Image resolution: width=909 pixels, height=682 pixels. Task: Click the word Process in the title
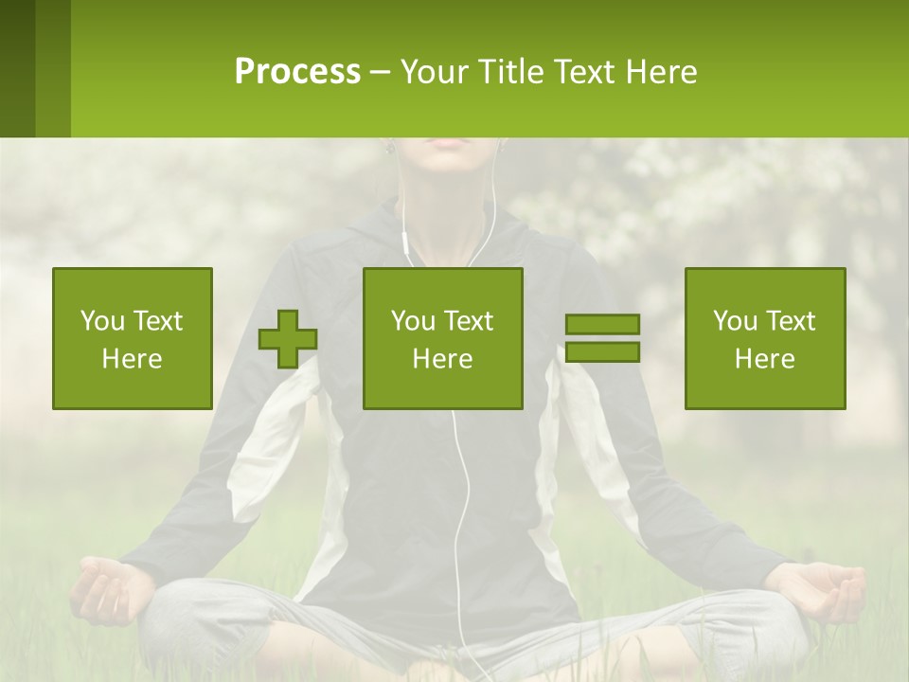pos(297,72)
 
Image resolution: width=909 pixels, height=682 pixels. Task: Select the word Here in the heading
pos(661,72)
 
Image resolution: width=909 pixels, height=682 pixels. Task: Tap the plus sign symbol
pos(288,339)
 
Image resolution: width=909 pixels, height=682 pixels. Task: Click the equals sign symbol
pos(602,338)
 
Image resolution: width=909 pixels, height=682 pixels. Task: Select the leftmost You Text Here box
pos(133,338)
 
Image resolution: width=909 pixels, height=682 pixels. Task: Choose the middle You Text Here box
pos(443,338)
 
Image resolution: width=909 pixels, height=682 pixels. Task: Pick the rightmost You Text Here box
pos(765,338)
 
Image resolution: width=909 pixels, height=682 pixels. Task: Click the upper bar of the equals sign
pos(602,325)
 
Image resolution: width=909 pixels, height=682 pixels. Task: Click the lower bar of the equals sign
pos(602,351)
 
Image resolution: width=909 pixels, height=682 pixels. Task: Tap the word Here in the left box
pos(133,359)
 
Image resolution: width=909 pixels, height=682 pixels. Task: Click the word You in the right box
pos(736,321)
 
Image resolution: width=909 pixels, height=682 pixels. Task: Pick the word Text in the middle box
pos(468,321)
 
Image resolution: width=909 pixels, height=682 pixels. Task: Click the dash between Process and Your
pos(381,72)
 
